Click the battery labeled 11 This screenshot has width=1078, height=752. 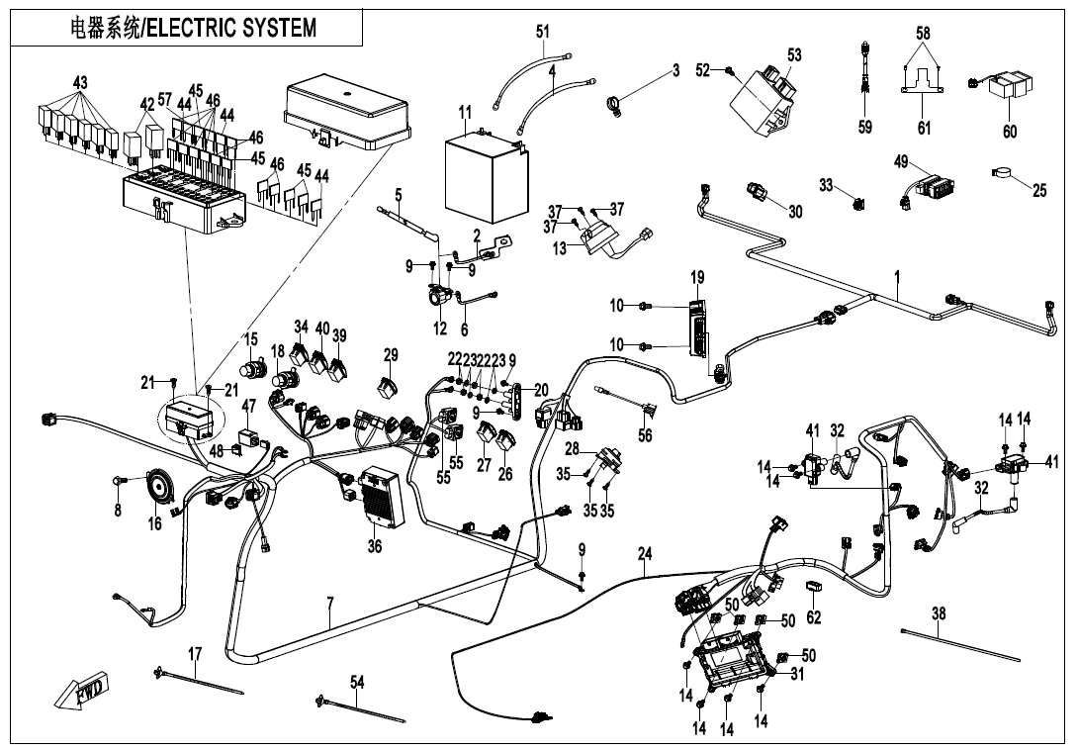483,174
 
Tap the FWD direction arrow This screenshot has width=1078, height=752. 81,692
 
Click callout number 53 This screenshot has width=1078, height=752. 794,55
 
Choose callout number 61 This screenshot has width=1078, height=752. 925,128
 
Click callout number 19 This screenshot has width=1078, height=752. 697,277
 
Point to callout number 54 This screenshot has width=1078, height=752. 357,681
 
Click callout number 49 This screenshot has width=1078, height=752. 901,161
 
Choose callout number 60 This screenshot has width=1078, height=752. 1010,132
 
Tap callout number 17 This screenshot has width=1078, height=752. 195,654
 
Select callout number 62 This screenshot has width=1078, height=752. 814,618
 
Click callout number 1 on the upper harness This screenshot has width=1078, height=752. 898,277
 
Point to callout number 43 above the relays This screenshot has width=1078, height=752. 80,81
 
